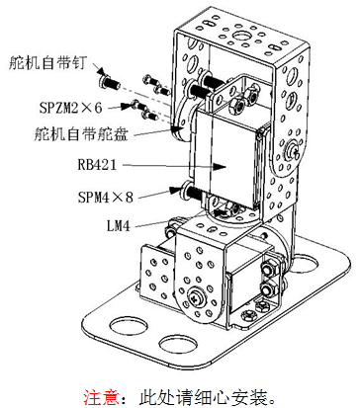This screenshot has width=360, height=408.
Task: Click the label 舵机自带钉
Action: click(47, 62)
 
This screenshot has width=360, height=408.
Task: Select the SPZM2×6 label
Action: click(70, 108)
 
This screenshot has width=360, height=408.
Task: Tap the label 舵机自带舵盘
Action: click(81, 135)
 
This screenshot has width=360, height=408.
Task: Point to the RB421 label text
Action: click(97, 164)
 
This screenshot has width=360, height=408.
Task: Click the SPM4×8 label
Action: click(106, 197)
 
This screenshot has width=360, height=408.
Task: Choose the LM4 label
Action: click(119, 226)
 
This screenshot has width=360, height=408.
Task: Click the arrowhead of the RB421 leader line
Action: click(219, 167)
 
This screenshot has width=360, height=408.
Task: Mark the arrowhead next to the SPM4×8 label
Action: click(176, 190)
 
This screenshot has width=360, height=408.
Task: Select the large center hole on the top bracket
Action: click(241, 36)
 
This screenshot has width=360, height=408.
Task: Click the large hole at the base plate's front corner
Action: click(178, 344)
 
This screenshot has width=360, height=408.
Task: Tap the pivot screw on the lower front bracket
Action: click(195, 298)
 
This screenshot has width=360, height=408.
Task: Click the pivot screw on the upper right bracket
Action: click(293, 149)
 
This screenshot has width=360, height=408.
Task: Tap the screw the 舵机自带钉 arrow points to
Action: click(110, 82)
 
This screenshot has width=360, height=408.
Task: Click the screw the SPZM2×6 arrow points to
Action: click(138, 106)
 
